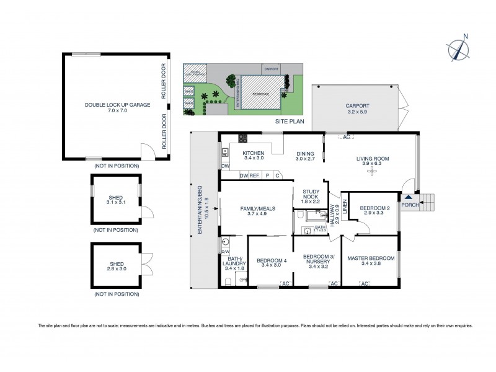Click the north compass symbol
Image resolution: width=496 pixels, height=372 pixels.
point(459,50)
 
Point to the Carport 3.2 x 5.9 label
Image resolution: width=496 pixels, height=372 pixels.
point(357,109)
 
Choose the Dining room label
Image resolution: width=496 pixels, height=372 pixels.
point(305,156)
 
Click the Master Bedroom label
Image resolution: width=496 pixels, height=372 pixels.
point(371,261)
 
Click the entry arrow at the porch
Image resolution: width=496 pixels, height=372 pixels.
point(408,198)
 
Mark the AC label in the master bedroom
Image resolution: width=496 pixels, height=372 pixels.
point(365,283)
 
